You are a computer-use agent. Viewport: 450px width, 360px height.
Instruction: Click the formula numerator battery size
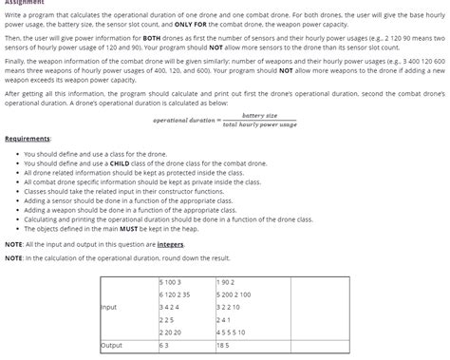point(259,115)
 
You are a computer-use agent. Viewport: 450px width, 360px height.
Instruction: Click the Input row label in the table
point(109,307)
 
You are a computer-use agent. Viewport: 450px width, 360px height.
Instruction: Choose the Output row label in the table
point(112,346)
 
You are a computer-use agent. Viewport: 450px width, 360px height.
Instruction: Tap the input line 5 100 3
point(171,282)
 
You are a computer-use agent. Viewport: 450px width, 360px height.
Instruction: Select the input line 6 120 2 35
point(175,295)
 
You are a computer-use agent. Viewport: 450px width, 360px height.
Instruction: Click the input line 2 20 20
point(171,332)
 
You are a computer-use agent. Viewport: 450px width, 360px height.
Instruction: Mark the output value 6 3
point(164,346)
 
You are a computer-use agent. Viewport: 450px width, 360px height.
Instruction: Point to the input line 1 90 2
point(226,282)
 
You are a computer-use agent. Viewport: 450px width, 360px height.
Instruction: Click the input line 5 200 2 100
point(234,295)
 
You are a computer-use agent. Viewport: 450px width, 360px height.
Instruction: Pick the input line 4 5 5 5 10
point(233,332)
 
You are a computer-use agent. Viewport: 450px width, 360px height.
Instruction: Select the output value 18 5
point(224,346)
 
